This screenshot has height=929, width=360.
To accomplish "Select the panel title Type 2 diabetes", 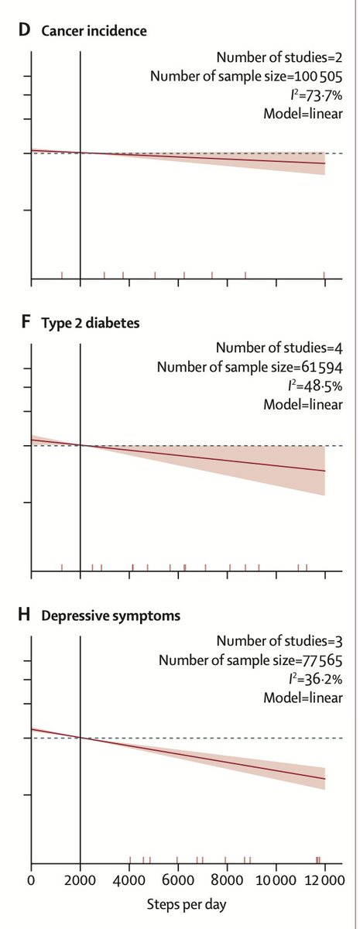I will click(x=91, y=323).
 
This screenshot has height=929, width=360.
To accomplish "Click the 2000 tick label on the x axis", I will click(x=80, y=879).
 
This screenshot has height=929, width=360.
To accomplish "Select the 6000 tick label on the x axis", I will click(x=177, y=879).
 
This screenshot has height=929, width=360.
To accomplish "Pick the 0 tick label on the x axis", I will click(x=31, y=879).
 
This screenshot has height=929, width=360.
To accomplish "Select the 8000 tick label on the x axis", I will click(x=226, y=879).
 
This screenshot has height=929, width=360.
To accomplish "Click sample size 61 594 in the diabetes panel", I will click(x=318, y=368).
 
